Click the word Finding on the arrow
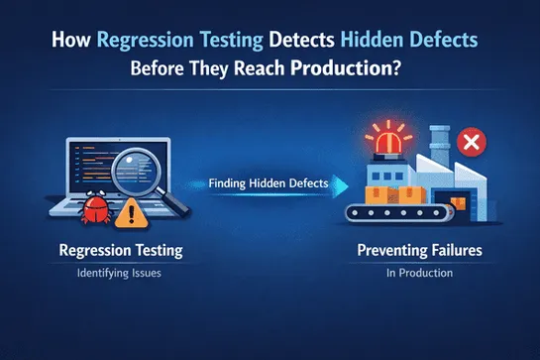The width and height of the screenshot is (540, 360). tap(227, 182)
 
